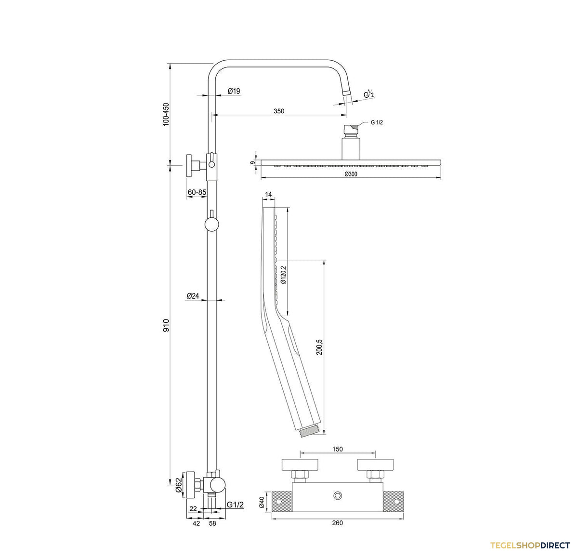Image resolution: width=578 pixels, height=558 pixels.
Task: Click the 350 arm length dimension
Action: (278, 111)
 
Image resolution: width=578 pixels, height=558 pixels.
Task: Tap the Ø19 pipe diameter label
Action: (234, 91)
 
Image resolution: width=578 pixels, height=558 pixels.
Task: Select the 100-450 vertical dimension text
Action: (166, 114)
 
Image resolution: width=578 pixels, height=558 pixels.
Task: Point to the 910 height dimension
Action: (166, 325)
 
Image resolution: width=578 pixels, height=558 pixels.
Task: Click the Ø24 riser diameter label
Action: (193, 296)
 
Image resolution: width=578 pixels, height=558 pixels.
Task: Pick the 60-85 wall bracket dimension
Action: (197, 193)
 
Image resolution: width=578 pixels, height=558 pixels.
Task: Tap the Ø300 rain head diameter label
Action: (351, 174)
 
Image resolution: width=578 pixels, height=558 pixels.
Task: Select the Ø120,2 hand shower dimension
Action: (283, 275)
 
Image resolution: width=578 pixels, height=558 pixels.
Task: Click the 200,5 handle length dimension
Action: (319, 347)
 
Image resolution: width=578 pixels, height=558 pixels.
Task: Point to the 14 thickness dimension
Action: (268, 195)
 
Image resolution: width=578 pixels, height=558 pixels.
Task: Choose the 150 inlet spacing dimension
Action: (338, 449)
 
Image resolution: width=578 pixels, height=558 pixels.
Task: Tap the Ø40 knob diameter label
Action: (262, 502)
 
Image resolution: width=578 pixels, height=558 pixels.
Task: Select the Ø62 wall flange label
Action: (178, 486)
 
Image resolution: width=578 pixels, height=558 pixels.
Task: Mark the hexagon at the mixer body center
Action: (338, 495)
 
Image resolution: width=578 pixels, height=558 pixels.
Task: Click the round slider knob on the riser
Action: (212, 225)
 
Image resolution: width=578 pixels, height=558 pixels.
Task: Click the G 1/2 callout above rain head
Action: (377, 122)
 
